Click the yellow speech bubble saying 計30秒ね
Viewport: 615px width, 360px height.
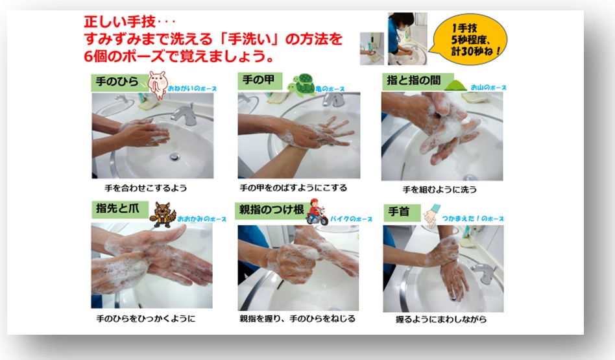point(470,39)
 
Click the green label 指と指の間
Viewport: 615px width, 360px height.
point(417,81)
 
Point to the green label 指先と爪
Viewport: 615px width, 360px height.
point(119,210)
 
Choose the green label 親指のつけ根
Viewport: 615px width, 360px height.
point(271,211)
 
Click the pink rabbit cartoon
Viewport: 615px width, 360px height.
point(158,85)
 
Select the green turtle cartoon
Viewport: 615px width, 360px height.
point(302,85)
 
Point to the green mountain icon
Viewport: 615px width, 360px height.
point(455,86)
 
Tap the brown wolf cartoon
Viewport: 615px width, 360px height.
point(163,215)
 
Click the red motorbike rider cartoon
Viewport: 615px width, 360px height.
point(317,212)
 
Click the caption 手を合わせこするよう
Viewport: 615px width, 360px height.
point(146,188)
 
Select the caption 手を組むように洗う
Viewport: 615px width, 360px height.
point(440,190)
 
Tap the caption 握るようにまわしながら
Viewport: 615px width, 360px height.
point(441,320)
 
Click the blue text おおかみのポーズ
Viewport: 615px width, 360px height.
point(202,219)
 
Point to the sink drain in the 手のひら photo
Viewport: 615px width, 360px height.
point(175,157)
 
